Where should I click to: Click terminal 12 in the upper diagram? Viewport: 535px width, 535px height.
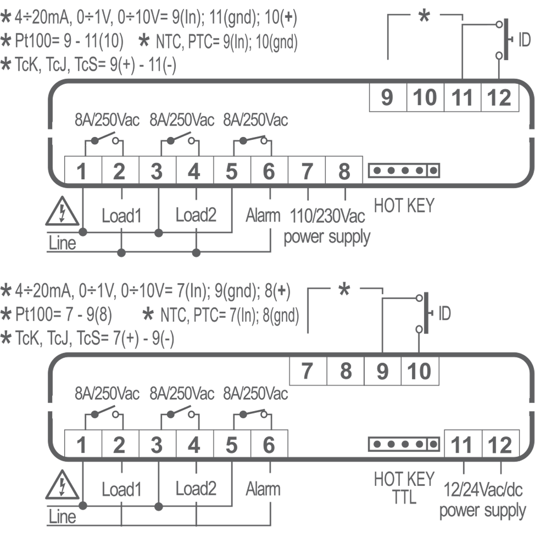pyautogui.click(x=500, y=97)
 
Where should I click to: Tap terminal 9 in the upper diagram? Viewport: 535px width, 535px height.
pyautogui.click(x=387, y=97)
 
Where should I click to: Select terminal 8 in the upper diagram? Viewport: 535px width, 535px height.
pyautogui.click(x=344, y=171)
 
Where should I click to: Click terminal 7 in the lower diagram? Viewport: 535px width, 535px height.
pyautogui.click(x=308, y=371)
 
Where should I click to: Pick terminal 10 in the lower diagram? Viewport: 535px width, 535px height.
pyautogui.click(x=420, y=371)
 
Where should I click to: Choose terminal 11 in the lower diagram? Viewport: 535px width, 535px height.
pyautogui.click(x=462, y=444)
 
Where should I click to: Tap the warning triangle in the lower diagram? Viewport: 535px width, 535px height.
pyautogui.click(x=62, y=485)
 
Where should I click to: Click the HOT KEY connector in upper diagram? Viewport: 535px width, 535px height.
pyautogui.click(x=404, y=170)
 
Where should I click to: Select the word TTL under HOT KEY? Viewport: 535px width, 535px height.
pyautogui.click(x=404, y=497)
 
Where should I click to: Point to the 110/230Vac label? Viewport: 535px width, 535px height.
pyautogui.click(x=328, y=217)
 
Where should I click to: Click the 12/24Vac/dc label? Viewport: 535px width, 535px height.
pyautogui.click(x=483, y=490)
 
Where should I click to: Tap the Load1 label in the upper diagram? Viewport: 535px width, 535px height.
pyautogui.click(x=121, y=216)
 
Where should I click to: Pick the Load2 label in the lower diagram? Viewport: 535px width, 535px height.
pyautogui.click(x=196, y=489)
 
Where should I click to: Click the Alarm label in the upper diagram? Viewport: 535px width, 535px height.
pyautogui.click(x=263, y=216)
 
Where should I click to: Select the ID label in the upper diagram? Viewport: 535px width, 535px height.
pyautogui.click(x=524, y=40)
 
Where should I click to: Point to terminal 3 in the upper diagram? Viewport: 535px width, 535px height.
pyautogui.click(x=156, y=171)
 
